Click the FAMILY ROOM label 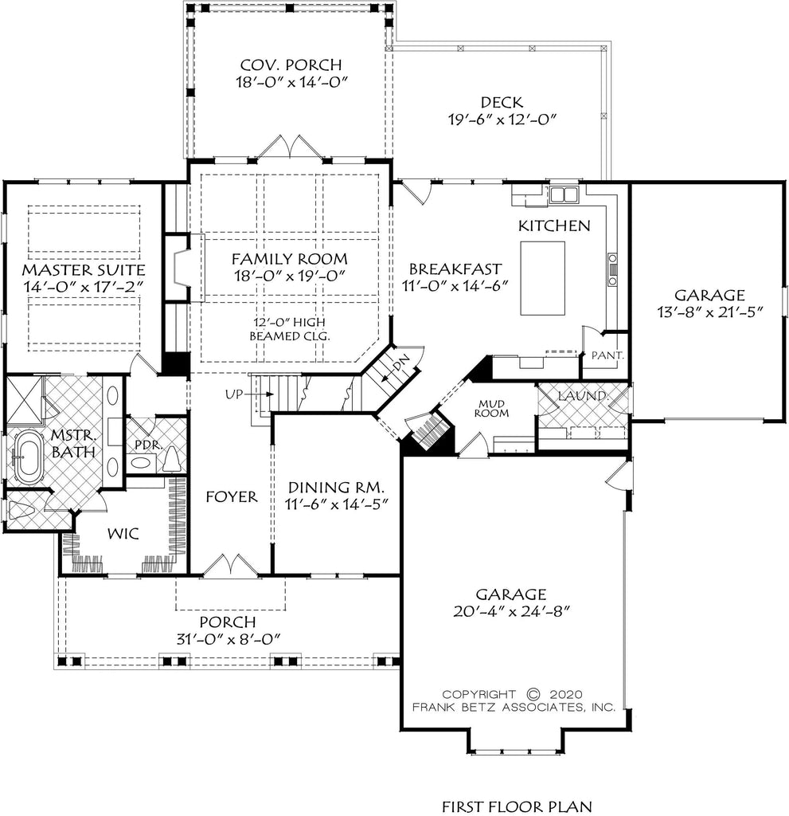click(289, 258)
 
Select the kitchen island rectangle click(542, 278)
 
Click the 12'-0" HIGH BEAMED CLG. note click(289, 329)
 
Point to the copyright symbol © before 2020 click(534, 693)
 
